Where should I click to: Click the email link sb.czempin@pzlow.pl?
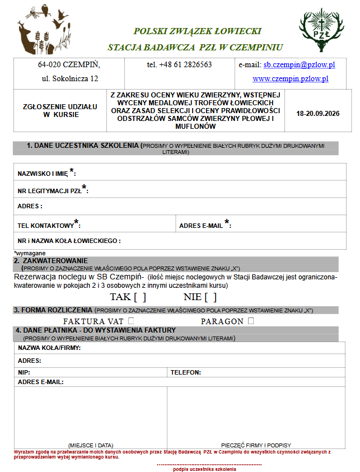coord(299,65)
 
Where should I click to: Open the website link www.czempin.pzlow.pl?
coord(290,79)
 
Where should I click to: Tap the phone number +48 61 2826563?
coord(179,65)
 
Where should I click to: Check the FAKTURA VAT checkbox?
coord(131,321)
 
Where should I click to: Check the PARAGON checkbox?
coord(251,321)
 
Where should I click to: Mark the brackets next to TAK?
coord(140,297)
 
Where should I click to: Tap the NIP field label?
coord(24,372)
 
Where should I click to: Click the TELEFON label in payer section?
coord(185,372)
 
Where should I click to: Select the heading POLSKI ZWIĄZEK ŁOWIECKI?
coord(197,31)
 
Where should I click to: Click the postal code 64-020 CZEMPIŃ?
coord(66,65)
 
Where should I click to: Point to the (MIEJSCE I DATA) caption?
coord(91,445)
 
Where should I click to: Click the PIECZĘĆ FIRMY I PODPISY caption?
coord(256,445)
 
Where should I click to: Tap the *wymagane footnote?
coord(27,253)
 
